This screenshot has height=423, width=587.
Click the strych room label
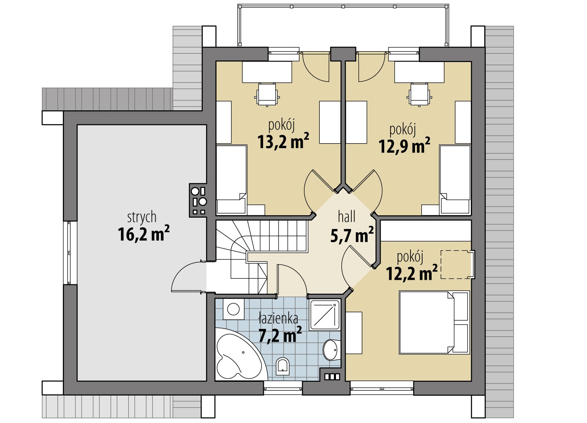[142, 218]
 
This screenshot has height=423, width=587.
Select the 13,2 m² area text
[283, 141]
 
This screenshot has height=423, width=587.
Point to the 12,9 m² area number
[404, 145]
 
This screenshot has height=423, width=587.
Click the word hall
[347, 217]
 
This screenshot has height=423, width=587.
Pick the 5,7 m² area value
[352, 235]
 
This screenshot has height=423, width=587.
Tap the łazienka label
[278, 318]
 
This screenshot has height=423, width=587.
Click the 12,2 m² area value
[411, 273]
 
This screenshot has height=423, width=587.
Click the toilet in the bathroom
[283, 365]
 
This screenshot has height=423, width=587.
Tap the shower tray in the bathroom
[325, 315]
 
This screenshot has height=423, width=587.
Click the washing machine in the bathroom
[233, 309]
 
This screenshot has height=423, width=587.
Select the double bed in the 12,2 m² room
[434, 323]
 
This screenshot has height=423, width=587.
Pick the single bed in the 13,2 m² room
[231, 179]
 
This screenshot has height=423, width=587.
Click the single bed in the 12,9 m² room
[455, 179]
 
